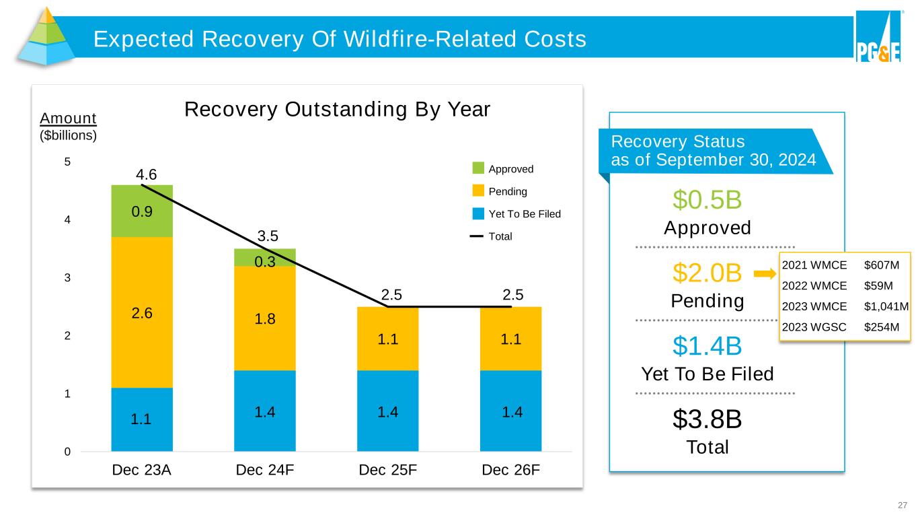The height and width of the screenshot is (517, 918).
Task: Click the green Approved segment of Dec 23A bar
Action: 142,211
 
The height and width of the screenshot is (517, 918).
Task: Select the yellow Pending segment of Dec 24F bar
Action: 264,318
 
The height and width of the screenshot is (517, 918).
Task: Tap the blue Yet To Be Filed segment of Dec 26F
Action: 510,410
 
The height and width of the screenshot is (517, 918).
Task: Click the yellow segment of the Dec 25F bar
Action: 387,338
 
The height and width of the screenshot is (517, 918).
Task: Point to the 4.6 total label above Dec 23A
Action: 144,174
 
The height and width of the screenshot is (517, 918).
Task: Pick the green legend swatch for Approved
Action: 478,168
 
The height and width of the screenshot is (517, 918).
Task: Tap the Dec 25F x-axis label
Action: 387,470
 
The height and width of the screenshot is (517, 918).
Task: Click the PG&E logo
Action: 878,38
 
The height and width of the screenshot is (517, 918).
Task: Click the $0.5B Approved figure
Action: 707,200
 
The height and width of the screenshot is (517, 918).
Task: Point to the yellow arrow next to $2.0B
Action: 765,273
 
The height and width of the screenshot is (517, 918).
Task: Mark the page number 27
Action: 903,505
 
